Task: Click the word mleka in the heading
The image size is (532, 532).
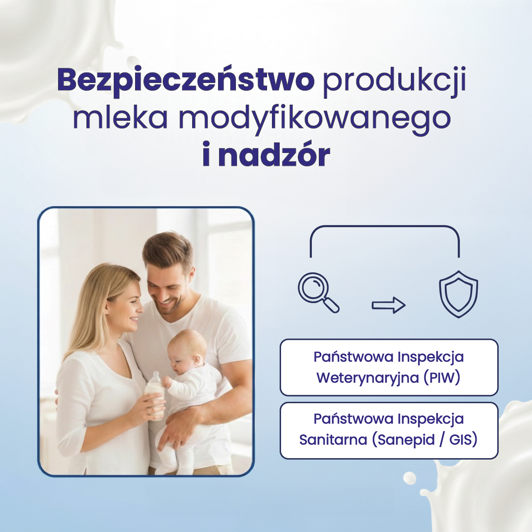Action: pos(120,118)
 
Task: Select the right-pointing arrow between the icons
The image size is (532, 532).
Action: pos(388,305)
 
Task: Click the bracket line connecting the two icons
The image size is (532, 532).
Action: pos(384,226)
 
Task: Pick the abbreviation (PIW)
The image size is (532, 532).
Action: pos(442,378)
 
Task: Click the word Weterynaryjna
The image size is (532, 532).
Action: pos(367,378)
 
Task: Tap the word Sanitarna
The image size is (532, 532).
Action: pos(333,440)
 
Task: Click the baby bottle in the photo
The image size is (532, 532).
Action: pos(155,392)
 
